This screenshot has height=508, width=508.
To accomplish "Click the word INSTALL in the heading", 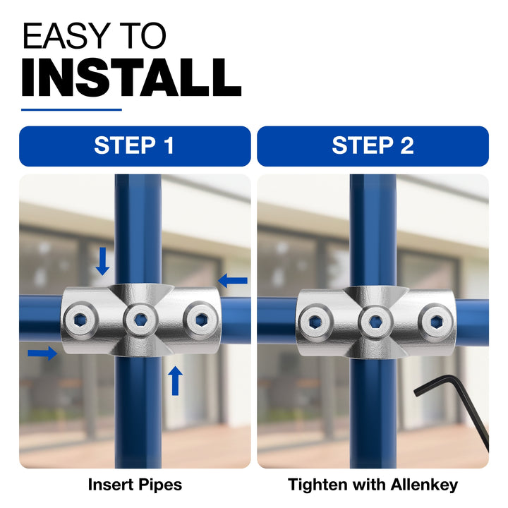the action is pos(131,78).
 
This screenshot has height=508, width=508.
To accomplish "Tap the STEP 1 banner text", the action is pos(134,145).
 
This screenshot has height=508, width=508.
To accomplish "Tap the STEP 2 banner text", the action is pos(373,145).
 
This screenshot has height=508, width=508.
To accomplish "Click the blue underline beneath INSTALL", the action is pos(71,110).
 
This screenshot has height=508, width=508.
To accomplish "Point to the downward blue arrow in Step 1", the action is pos(103,262).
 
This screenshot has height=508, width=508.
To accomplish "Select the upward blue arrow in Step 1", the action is pos(175,381).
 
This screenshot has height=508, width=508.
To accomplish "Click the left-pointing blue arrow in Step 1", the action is pos(233,281).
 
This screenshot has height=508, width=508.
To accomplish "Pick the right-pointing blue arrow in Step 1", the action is pos(42,353).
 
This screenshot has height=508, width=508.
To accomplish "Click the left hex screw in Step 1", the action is pos(80,320).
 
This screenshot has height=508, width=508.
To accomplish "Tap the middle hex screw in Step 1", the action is pos(140,320).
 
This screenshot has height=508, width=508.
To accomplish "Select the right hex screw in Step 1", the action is pos(201,320).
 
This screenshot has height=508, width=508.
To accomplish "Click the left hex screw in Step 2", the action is pos(315,322).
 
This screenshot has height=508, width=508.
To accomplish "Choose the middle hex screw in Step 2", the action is pos(375,322).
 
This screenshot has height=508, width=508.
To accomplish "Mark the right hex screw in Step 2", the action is pos(435,322).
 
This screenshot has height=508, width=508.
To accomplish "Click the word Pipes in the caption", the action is pos(160,485).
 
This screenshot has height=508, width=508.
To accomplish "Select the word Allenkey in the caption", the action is pos(424,485).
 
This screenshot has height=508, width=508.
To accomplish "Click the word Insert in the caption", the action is pos(111,485).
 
